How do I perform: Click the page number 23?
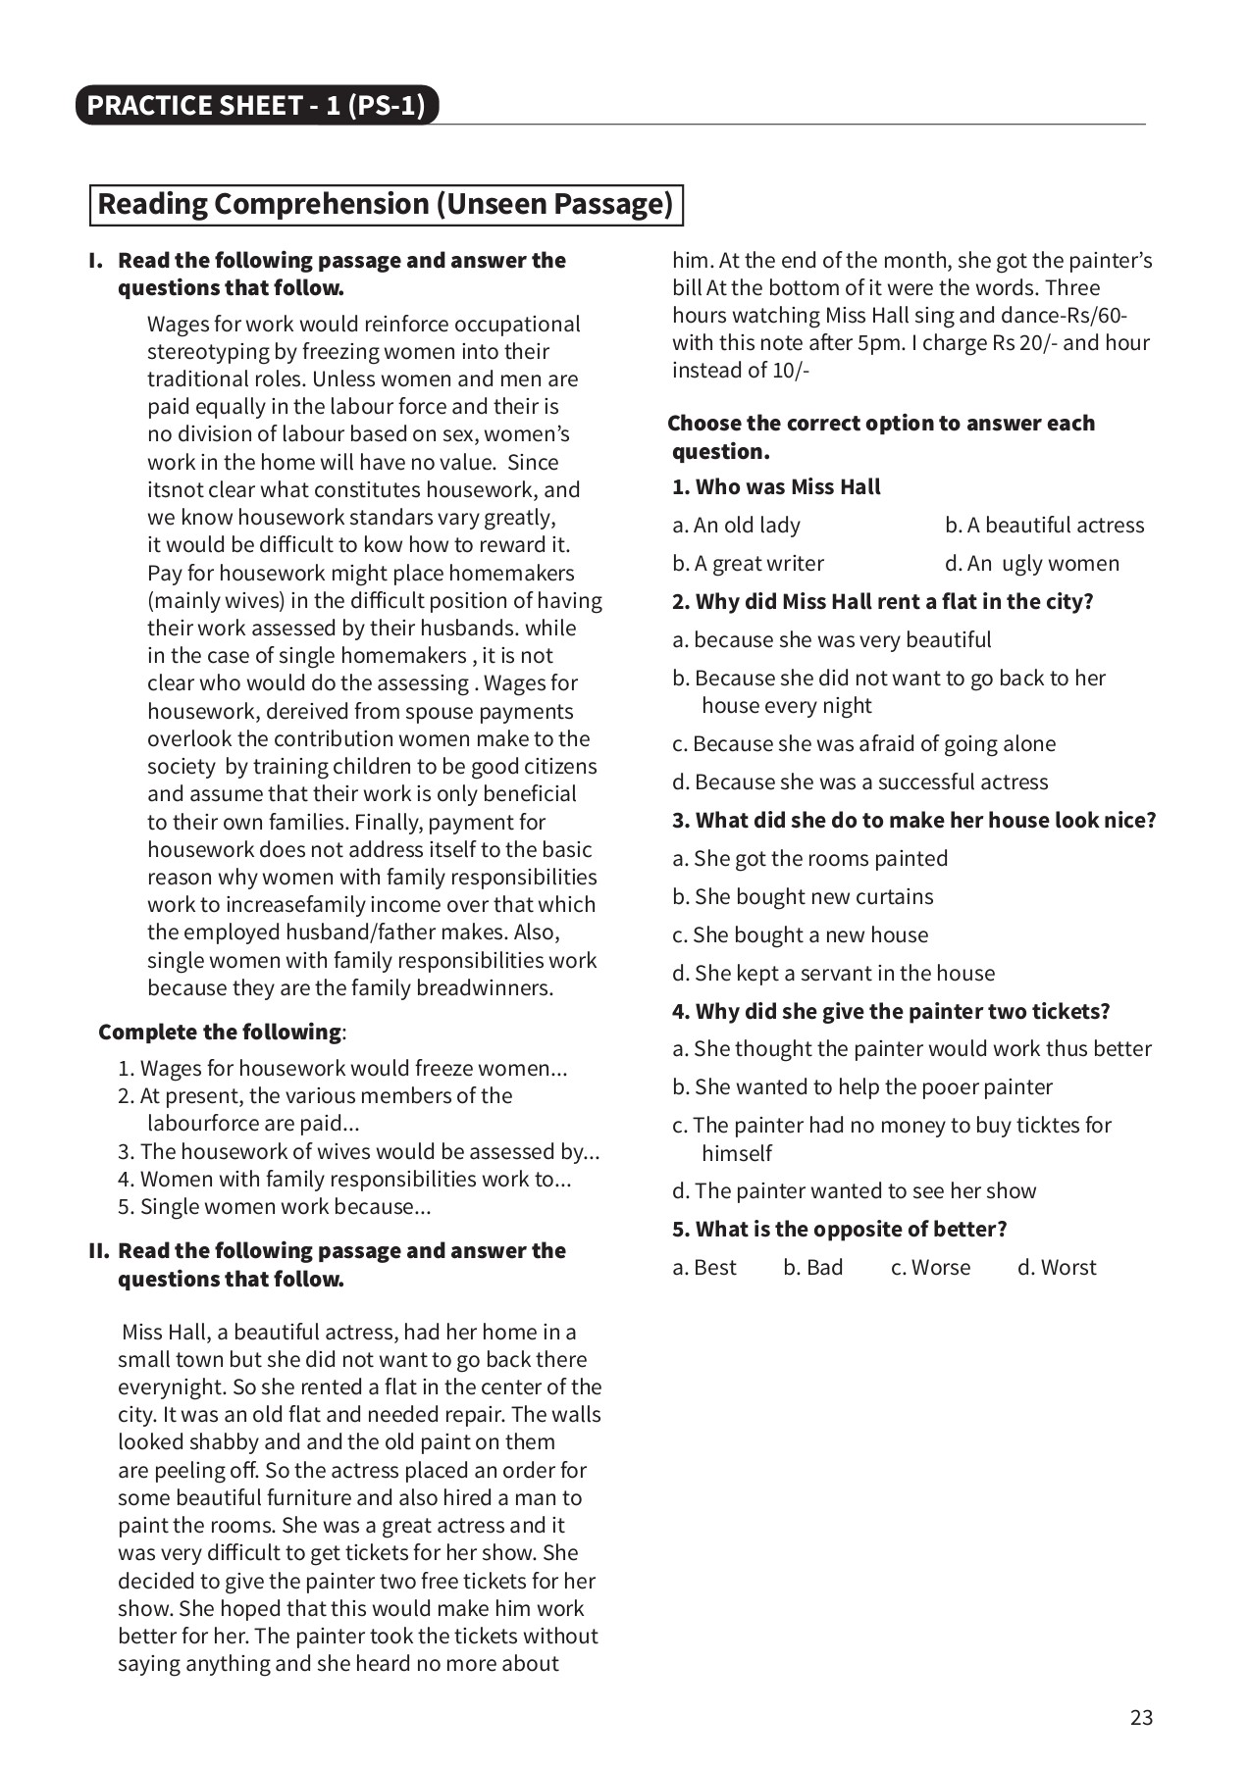pos(1141,1717)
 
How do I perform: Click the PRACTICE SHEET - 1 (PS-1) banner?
pos(256,106)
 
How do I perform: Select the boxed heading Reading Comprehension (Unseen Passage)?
pos(386,204)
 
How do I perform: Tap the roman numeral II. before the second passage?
pos(98,1251)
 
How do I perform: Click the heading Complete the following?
pos(221,1033)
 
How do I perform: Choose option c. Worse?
pos(930,1268)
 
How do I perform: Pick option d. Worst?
pos(1057,1268)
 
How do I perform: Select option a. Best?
pos(703,1268)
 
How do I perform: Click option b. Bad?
pos(812,1268)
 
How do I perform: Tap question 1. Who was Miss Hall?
pos(776,487)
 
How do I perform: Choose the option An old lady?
pos(736,526)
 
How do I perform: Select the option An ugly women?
pos(1031,564)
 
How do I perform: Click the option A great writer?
pos(748,564)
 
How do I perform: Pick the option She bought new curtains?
pos(803,897)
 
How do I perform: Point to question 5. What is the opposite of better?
pos(839,1230)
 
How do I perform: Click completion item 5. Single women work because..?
pos(274,1207)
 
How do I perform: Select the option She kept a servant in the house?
pos(833,974)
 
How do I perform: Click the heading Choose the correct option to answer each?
pos(881,424)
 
